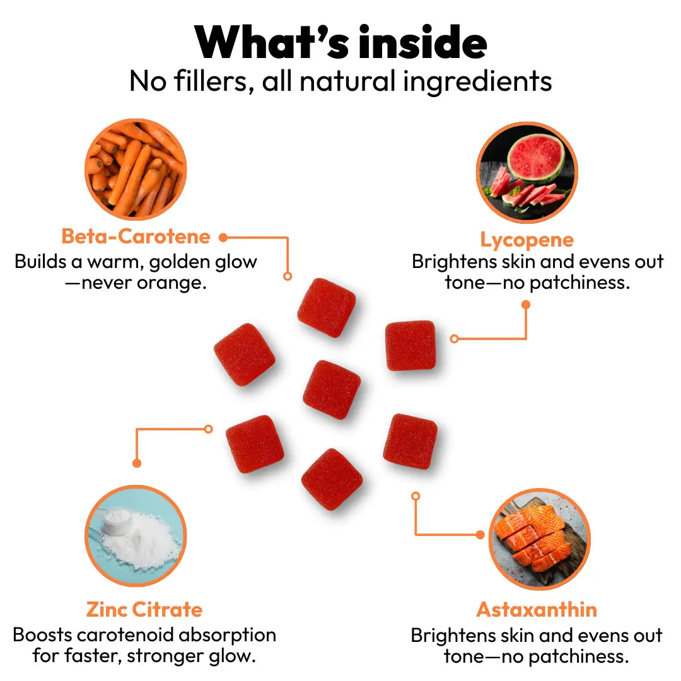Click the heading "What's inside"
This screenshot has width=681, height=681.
point(340,43)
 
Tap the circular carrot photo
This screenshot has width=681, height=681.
point(135,170)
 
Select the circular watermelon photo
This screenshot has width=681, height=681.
point(527,172)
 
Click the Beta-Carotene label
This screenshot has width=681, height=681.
point(136,236)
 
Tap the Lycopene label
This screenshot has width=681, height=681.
point(527,240)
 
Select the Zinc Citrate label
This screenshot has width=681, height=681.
point(144,610)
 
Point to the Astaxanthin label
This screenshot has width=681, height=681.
point(536,610)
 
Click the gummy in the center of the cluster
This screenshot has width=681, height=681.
point(332,389)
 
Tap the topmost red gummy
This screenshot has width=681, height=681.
point(326,307)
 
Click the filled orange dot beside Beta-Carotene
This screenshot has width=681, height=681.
point(223,238)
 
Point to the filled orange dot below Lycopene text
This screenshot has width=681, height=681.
point(526,305)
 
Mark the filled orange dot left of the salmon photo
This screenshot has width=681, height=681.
point(480,535)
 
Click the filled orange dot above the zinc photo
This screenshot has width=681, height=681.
point(137,463)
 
